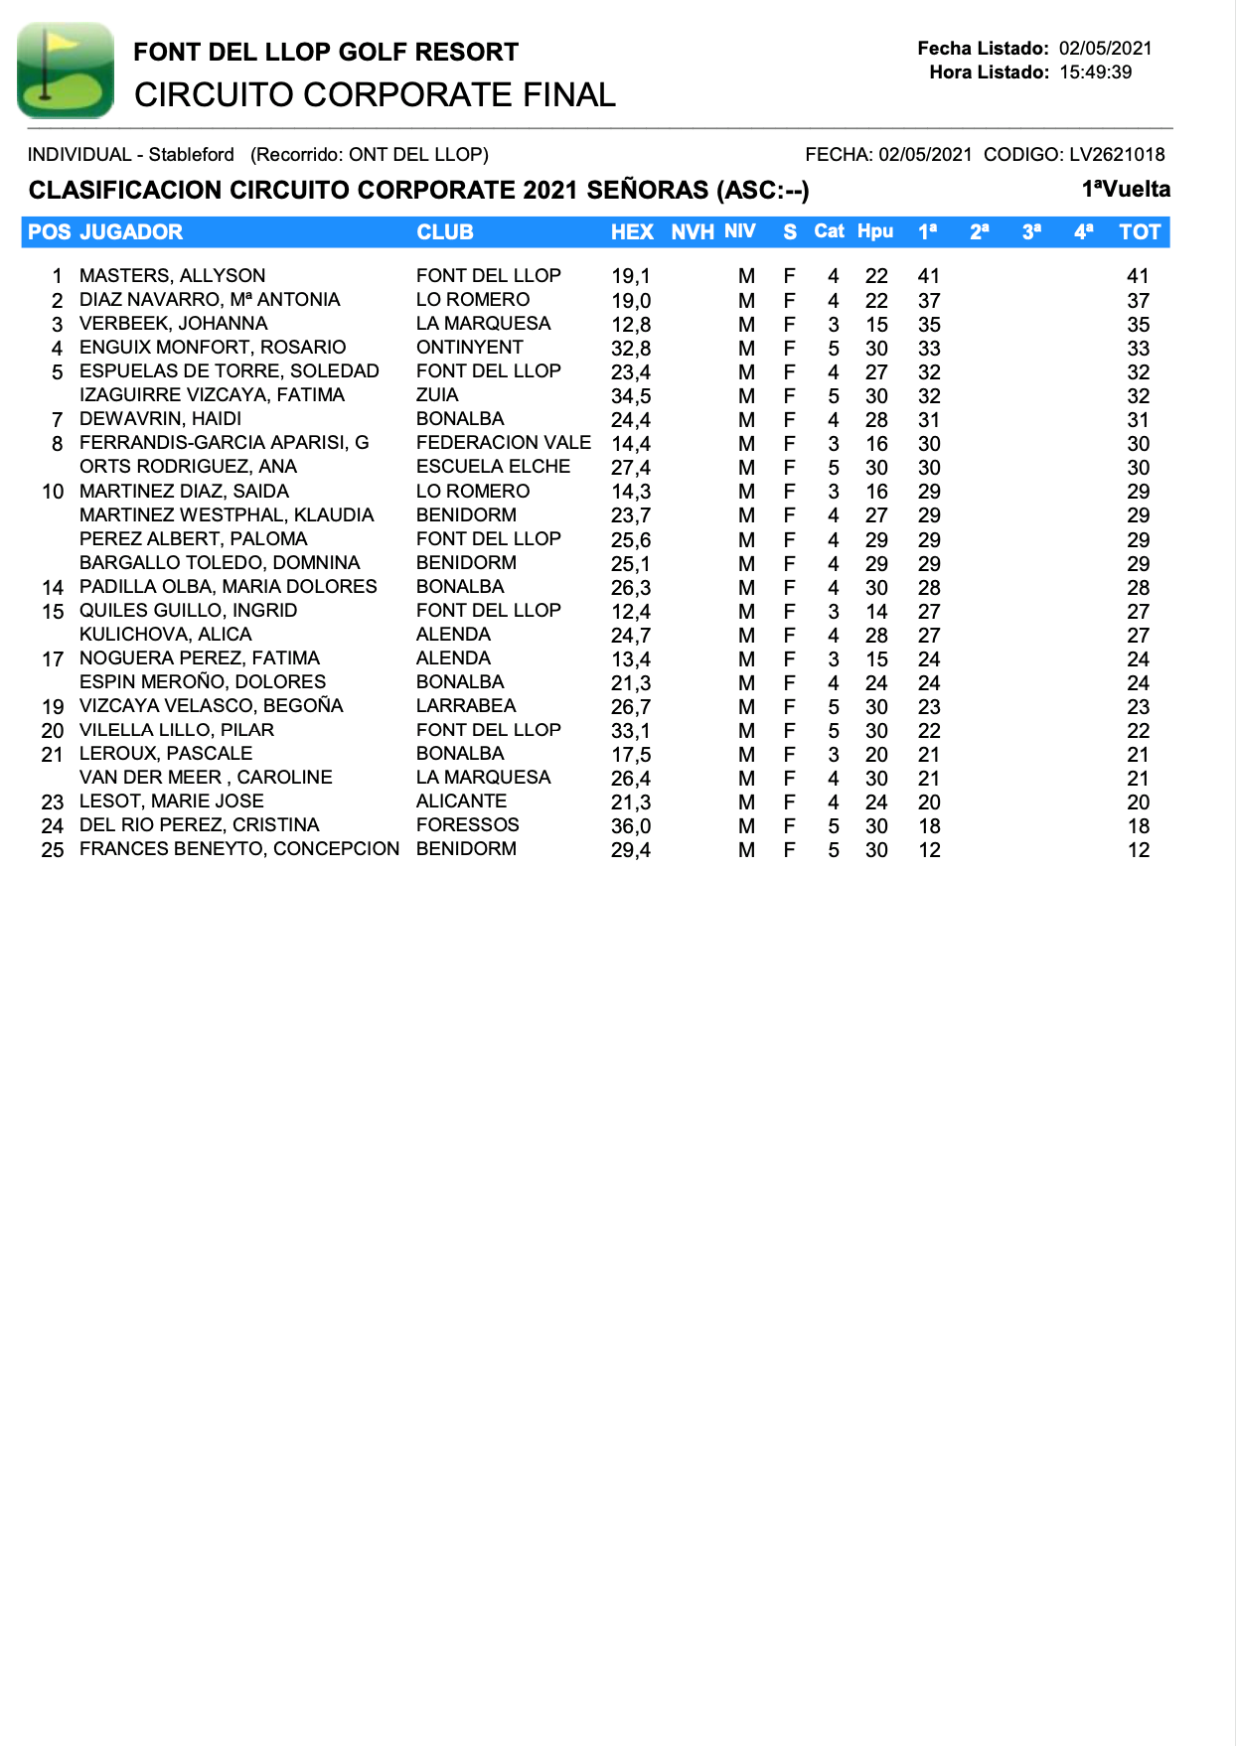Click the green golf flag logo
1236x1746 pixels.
click(66, 71)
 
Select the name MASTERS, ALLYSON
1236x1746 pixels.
click(172, 275)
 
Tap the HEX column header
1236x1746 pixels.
click(632, 232)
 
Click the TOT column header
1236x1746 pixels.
click(1139, 232)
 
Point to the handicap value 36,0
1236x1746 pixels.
click(631, 826)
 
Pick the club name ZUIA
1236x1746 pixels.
click(437, 395)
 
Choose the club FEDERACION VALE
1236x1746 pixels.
click(503, 443)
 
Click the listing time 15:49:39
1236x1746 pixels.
click(1095, 73)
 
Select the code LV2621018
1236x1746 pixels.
click(1117, 155)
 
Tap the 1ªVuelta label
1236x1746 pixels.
click(1126, 190)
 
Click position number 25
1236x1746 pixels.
click(53, 850)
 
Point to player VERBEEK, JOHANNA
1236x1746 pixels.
click(173, 324)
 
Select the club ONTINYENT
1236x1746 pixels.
click(469, 348)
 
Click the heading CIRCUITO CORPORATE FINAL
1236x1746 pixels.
click(375, 95)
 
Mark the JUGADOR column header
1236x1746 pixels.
click(131, 232)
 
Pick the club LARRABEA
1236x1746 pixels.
click(466, 706)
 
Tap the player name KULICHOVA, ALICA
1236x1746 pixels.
click(165, 635)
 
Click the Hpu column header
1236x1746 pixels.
click(875, 232)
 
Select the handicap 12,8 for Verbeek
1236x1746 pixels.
click(631, 325)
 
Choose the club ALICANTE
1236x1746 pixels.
click(461, 801)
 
